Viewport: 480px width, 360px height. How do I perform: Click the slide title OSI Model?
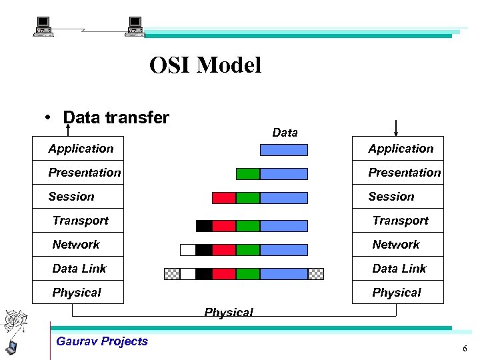pos(205,65)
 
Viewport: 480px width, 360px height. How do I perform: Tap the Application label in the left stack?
pos(81,149)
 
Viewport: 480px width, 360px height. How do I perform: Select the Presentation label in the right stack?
pos(404,173)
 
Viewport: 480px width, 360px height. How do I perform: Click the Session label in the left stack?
pos(71,197)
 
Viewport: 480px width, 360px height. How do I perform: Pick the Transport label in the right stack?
pos(400,221)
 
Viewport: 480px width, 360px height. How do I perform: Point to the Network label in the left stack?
pos(76,245)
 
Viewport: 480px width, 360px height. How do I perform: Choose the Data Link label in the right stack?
pos(399,269)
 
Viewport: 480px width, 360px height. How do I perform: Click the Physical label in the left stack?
pos(77,293)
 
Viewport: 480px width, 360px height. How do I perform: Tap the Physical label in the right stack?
pos(397,293)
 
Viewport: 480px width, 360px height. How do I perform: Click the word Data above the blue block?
pos(285,133)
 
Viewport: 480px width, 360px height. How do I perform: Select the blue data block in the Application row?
pos(283,150)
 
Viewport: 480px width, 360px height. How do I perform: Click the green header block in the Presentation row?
pos(248,174)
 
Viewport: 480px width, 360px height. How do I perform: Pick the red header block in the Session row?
pos(224,198)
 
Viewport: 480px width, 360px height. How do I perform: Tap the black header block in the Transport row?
pos(204,226)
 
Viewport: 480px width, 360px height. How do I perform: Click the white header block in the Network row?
pos(188,250)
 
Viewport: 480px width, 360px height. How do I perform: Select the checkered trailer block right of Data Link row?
pos(316,274)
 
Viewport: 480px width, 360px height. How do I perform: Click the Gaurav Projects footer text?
pos(102,341)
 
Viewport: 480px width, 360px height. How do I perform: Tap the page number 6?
pos(465,349)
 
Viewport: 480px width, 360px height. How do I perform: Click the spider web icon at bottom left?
pos(15,322)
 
